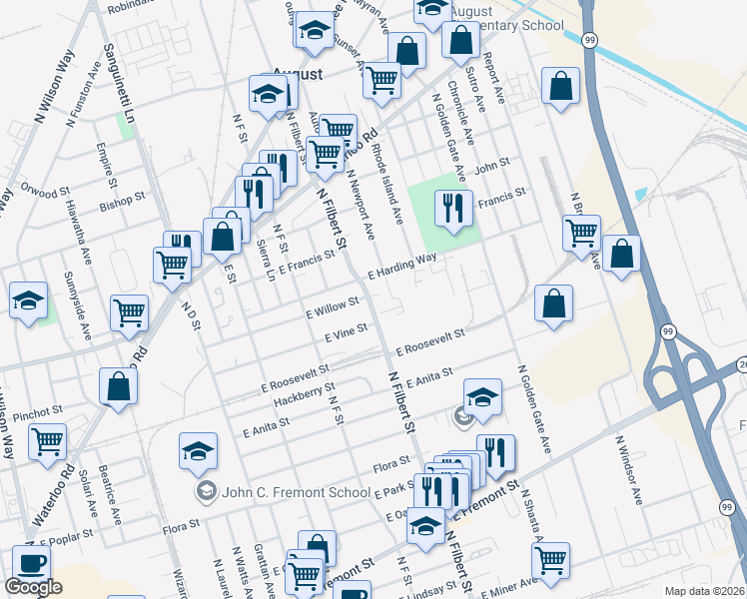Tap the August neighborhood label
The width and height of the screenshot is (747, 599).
(x=298, y=75)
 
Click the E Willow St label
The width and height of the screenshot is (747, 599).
(x=334, y=306)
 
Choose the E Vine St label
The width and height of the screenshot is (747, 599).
(x=347, y=333)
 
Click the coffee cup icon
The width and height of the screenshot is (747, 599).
(x=31, y=563)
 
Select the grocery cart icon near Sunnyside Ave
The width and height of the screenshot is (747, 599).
(x=130, y=311)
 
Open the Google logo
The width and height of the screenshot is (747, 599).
(x=33, y=587)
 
